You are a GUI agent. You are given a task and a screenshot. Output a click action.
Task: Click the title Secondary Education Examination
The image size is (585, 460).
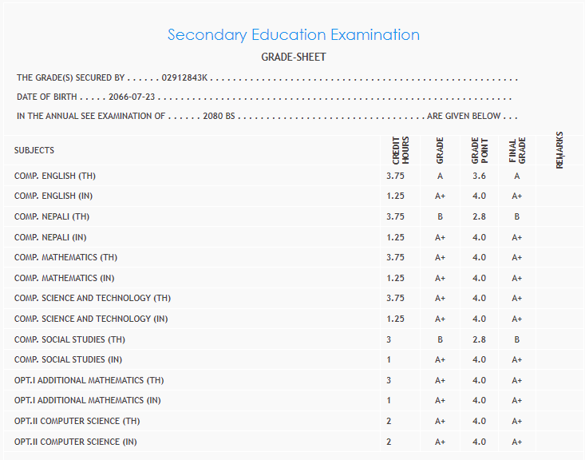point(293,35)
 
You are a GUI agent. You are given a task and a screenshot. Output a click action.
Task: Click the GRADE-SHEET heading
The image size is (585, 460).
point(293,57)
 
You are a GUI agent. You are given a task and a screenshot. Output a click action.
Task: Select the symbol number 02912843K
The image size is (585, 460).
point(184,78)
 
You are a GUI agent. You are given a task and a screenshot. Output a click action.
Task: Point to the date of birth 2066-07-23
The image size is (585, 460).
point(131,97)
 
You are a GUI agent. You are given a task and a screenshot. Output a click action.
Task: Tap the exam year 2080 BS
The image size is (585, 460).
point(219,116)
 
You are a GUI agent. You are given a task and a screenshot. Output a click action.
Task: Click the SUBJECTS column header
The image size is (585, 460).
point(34,150)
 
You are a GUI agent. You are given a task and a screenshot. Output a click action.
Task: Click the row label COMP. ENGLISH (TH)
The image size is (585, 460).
point(55,176)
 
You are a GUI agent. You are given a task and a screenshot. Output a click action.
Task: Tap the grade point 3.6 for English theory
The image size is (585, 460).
point(479,176)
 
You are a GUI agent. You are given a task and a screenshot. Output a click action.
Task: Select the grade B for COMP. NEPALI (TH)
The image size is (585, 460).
point(440,216)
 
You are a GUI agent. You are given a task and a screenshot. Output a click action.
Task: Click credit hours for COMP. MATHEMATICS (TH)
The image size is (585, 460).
point(395,257)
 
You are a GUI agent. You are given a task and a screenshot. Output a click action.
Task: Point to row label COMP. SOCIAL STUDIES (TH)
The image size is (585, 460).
point(69,339)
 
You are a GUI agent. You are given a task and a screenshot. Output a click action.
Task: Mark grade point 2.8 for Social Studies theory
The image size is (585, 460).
point(479,339)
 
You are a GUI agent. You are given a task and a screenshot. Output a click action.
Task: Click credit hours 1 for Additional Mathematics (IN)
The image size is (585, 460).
point(389,400)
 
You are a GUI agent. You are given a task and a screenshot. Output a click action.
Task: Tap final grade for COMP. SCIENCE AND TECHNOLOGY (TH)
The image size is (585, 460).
point(517,298)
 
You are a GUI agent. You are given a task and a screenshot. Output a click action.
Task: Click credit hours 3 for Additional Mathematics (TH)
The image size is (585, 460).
point(389,380)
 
